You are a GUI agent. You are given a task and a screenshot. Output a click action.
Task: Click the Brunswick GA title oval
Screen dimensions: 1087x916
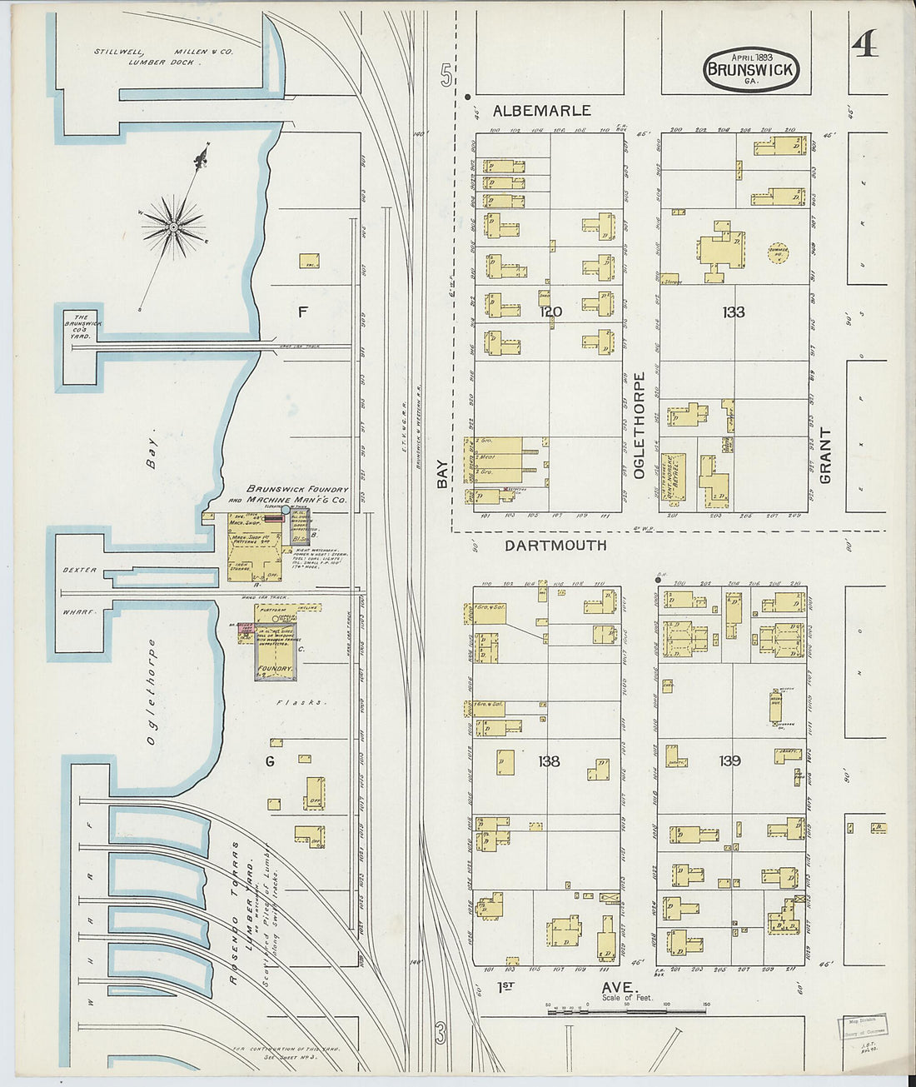751,69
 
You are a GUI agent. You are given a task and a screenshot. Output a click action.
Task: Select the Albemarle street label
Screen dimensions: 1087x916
541,111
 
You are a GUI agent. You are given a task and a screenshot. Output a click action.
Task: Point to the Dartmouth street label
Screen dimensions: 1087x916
555,546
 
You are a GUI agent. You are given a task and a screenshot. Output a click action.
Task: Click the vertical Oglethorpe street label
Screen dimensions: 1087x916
640,425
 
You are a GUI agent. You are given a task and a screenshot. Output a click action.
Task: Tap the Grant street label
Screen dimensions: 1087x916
825,456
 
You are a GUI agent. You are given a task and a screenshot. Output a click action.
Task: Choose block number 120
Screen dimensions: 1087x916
550,312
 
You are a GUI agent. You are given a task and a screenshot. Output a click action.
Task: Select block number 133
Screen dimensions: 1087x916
734,312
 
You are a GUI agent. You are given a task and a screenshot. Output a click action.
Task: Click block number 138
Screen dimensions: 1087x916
549,760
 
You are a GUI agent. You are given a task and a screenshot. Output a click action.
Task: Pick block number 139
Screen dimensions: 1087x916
730,760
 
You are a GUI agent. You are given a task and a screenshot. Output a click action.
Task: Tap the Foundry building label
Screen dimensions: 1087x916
275,669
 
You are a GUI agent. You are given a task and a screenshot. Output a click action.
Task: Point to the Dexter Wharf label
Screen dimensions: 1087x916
80,590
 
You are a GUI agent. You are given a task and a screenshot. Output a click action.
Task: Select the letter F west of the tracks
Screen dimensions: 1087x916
303,312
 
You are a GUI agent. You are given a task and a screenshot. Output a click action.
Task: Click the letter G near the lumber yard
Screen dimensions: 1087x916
270,760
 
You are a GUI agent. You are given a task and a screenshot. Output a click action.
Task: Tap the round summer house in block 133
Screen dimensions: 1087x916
778,252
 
